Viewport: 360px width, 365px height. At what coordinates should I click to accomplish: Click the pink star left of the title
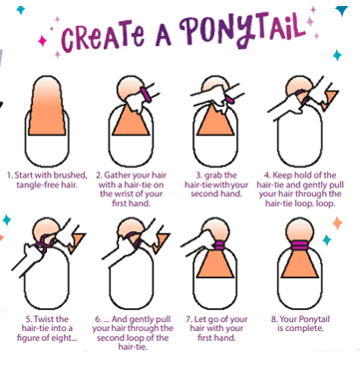(43, 41)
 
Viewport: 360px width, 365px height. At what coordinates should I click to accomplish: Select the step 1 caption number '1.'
(10, 176)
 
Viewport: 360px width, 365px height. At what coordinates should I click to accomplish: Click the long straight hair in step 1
(47, 106)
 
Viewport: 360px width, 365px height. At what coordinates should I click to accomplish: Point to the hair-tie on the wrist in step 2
(146, 93)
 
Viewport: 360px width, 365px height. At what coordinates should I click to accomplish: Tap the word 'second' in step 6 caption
(109, 338)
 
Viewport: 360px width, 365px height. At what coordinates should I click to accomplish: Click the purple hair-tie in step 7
(217, 246)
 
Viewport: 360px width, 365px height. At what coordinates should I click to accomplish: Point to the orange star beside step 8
(337, 223)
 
